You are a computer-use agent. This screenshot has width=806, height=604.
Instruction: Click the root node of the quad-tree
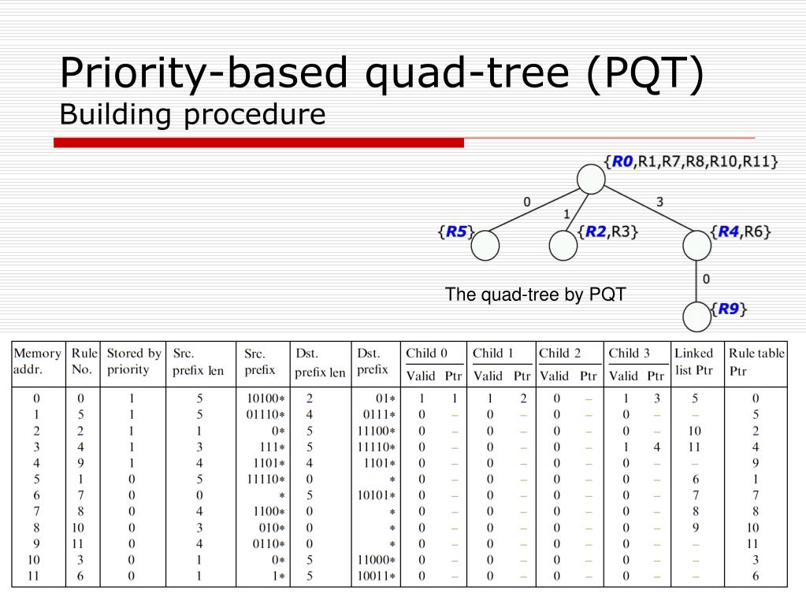pos(590,179)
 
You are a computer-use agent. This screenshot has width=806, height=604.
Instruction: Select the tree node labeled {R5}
pos(485,246)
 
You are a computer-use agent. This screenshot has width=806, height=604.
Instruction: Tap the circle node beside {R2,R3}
pos(563,246)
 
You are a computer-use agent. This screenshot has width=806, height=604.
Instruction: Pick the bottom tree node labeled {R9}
pos(696,317)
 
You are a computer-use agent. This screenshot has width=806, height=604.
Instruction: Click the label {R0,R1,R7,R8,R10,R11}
pos(691,161)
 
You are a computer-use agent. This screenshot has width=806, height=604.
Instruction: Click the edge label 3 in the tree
pos(659,202)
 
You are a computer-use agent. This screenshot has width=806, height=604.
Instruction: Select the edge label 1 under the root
pos(566,213)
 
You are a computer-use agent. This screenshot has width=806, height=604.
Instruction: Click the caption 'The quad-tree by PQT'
pos(535,295)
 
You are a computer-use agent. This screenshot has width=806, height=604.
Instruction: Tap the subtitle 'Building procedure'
pos(192,115)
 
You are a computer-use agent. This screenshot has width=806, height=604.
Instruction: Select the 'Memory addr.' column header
pos(37,361)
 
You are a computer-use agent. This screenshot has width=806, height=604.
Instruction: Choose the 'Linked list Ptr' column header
pos(693,361)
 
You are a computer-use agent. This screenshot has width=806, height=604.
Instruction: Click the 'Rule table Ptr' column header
pos(756,361)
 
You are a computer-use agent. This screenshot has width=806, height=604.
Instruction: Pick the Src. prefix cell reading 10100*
pos(266,398)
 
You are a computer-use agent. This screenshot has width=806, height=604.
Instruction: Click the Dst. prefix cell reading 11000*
pos(375,560)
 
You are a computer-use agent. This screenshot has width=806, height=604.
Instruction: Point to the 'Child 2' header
pos(560,353)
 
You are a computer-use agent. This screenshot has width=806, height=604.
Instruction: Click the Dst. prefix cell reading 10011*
pos(375,576)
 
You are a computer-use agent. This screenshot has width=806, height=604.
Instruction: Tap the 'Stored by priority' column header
pos(134,361)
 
